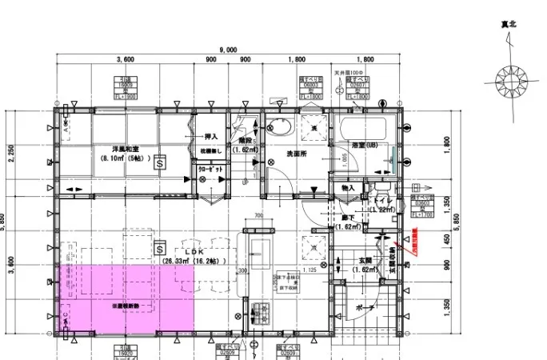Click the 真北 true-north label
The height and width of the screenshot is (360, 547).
coord(509,25)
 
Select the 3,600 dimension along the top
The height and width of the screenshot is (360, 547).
coord(124,60)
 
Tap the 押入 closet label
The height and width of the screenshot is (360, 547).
coord(212,137)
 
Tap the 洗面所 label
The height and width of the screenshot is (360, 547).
coord(297,154)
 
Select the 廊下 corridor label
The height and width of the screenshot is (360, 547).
coord(348,218)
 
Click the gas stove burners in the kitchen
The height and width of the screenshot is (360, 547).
coord(260,313)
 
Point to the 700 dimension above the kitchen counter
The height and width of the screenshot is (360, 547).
coord(258,216)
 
